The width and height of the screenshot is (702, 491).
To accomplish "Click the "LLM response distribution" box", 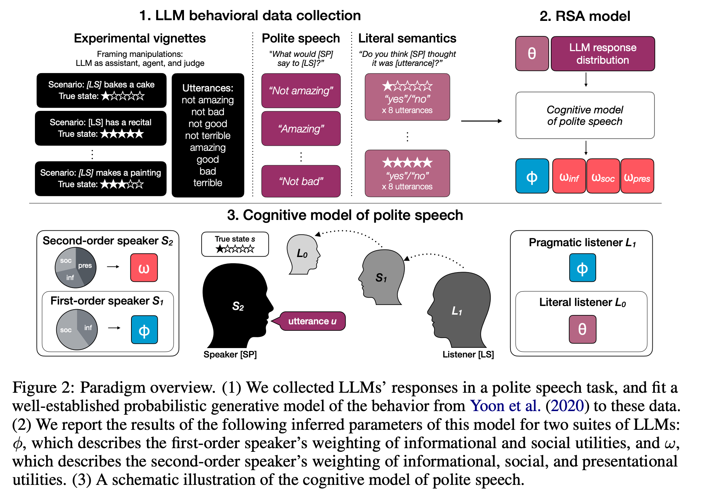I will click(x=602, y=54).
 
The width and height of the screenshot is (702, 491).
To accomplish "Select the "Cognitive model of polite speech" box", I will click(x=585, y=116).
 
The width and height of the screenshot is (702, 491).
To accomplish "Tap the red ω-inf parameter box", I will click(x=569, y=176).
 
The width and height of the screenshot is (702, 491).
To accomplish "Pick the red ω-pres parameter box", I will click(x=637, y=176).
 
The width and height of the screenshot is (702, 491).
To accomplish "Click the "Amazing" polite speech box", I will click(x=301, y=129).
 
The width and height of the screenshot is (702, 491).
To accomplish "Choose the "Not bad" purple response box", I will click(x=301, y=181).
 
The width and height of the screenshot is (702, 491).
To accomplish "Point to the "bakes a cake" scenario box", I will click(x=102, y=90).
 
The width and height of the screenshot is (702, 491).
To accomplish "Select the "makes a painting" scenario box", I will click(x=101, y=179).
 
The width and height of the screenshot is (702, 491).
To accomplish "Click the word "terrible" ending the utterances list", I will click(x=208, y=183).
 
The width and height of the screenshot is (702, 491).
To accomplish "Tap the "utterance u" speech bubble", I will click(x=312, y=321).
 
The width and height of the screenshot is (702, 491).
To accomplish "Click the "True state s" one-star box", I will click(x=235, y=244).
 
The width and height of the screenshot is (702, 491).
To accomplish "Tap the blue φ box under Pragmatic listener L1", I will click(x=582, y=268).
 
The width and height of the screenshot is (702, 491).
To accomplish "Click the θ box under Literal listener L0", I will click(x=582, y=329).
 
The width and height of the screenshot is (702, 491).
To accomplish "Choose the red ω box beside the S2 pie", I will click(x=144, y=268).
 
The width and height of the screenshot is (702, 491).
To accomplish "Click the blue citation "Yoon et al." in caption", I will click(x=505, y=406).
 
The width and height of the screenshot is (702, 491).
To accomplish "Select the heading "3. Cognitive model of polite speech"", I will click(x=345, y=215).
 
